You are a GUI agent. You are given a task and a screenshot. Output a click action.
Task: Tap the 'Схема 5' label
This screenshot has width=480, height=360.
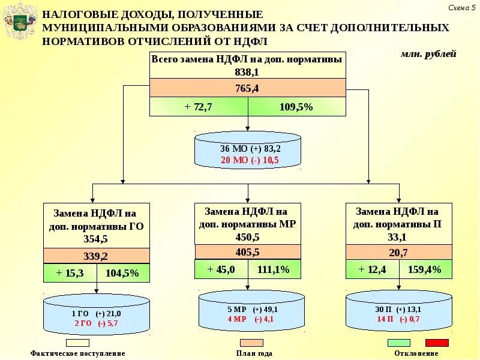coord(461,7)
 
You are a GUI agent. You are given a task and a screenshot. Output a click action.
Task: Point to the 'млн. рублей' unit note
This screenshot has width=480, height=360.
coord(428,54)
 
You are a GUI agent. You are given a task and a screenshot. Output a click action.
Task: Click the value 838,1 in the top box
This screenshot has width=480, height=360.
coord(247,71)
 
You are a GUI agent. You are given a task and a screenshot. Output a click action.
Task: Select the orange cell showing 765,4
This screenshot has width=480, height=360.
coord(247,88)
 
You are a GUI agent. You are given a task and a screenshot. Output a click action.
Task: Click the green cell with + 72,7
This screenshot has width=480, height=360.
coord(198,107)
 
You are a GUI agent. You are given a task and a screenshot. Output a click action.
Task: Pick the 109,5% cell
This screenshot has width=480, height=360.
coord(296,107)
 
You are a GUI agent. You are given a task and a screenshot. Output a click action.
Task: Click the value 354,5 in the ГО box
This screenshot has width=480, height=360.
coord(96,239)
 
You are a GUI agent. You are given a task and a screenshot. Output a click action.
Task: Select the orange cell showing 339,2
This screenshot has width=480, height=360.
coord(96,256)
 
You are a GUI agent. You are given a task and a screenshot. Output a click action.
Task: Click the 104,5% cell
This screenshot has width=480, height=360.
coord(122,273)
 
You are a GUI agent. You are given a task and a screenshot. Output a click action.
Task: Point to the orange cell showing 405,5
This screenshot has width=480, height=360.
coord(247,252)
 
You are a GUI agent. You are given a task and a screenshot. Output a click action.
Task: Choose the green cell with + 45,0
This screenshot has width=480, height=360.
coord(221,269)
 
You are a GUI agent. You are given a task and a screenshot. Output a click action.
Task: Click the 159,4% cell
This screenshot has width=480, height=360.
coord(424,269)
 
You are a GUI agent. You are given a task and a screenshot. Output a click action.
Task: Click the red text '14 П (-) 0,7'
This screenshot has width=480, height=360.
coord(398,319)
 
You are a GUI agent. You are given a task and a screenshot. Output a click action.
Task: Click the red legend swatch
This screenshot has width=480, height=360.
coord(437,343)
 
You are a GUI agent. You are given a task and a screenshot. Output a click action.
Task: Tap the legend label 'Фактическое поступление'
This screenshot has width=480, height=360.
coord(78,353)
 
